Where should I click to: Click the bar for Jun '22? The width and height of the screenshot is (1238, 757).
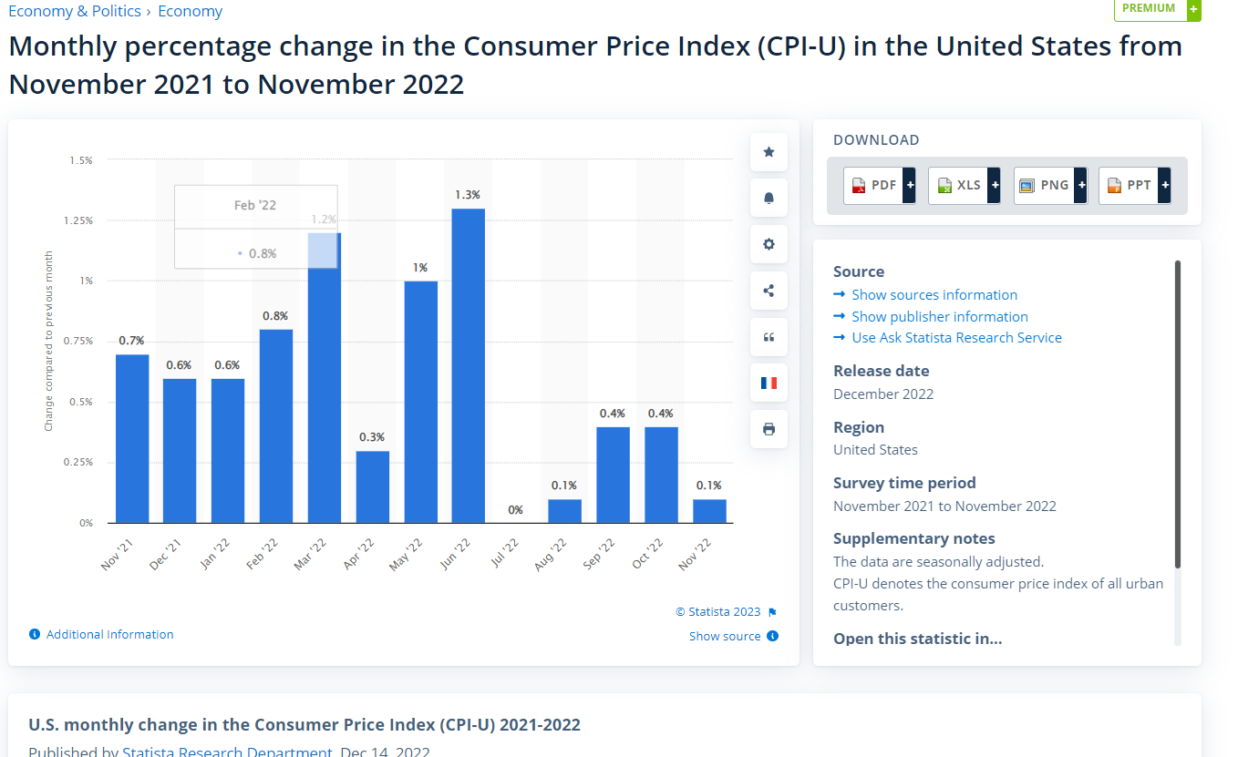point(468,365)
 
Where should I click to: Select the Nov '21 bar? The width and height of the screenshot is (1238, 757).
point(132,438)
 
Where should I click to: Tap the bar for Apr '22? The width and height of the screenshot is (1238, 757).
point(372,486)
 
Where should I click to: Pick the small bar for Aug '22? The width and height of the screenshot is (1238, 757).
point(564,511)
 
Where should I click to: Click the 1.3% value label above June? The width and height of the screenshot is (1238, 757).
point(468,195)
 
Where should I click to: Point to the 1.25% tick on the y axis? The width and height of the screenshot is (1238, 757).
point(80,220)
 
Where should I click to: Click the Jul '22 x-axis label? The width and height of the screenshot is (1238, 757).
point(504,553)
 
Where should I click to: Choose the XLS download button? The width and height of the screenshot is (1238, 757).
point(964,185)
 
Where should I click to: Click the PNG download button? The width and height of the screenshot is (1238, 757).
point(1049,185)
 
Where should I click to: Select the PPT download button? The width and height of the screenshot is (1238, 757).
point(1134,185)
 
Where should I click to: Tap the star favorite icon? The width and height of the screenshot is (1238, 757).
point(769,152)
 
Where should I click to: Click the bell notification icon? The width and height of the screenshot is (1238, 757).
point(769,199)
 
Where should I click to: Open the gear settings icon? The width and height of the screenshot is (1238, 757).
point(769,244)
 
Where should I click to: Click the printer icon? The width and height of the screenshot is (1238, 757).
point(769,429)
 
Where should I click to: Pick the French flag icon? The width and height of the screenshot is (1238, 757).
point(769,383)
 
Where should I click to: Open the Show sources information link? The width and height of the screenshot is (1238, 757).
point(934,295)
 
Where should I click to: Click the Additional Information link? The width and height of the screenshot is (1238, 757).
point(109,635)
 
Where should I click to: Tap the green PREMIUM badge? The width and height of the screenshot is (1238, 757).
point(1150,9)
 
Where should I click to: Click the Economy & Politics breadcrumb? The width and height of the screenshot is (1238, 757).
point(75,11)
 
